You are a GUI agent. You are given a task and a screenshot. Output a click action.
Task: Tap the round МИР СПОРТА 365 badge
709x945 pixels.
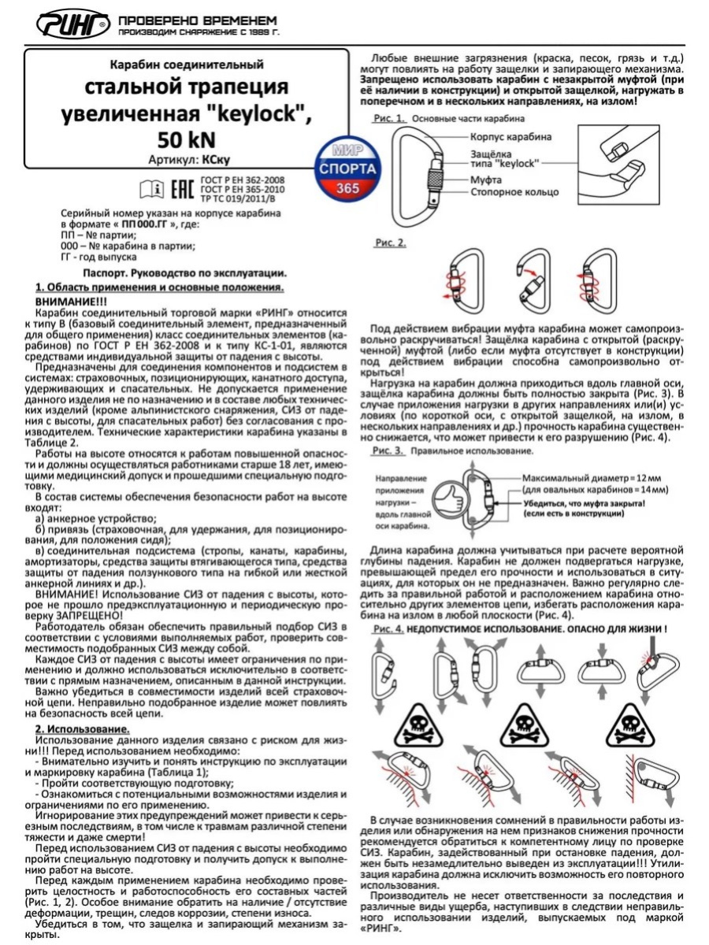coord(347,169)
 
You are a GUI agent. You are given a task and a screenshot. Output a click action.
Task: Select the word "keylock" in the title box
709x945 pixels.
coord(251,114)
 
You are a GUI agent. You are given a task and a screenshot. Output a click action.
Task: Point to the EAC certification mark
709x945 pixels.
coord(180,189)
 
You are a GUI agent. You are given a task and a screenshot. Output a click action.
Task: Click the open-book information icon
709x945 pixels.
coord(150,189)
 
